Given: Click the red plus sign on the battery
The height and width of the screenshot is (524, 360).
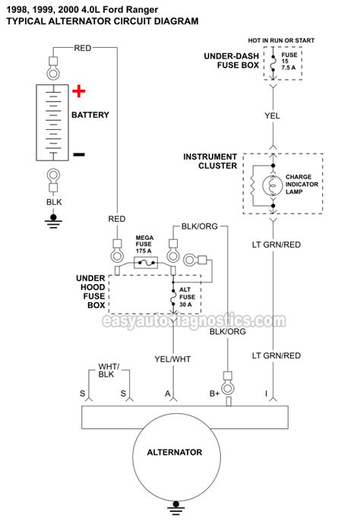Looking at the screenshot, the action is [79, 91].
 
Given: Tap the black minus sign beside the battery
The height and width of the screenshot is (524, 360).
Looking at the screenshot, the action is [79, 154].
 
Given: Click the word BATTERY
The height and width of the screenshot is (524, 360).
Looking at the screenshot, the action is [90, 115].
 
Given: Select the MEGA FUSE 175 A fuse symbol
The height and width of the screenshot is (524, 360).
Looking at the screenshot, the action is [145, 263].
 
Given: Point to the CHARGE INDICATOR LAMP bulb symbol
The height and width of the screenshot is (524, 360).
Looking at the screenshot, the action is [273, 185].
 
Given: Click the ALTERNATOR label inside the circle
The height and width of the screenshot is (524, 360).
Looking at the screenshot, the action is [175, 453].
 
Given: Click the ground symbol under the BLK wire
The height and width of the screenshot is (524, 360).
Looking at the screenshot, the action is [53, 221].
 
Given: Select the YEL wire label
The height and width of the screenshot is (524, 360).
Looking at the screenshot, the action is [272, 116].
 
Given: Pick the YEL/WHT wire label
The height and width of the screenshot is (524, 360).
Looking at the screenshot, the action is [172, 359].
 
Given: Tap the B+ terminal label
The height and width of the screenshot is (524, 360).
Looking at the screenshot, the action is [214, 393].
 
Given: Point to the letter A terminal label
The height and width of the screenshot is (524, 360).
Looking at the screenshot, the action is [167, 393].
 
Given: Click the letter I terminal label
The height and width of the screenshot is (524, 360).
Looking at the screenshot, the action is [266, 393].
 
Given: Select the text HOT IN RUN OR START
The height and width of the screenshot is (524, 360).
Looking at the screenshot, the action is [281, 40].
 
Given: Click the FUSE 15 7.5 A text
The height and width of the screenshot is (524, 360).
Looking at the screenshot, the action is [289, 62].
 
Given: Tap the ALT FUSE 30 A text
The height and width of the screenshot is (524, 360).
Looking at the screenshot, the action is [187, 297].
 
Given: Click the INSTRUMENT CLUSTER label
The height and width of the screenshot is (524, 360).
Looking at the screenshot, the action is [210, 161].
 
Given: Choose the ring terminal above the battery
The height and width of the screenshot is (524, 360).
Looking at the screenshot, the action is [53, 72].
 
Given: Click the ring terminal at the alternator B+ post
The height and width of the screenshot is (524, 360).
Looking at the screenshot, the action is [228, 388].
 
